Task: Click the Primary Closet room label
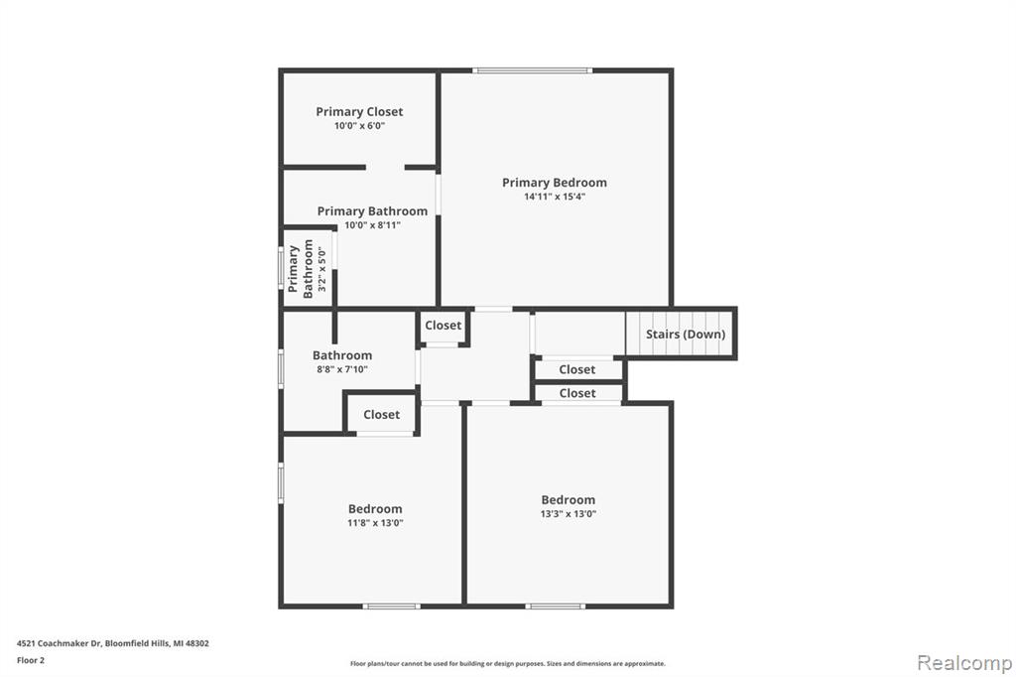[x=359, y=112]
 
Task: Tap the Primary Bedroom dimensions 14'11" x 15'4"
[x=554, y=197]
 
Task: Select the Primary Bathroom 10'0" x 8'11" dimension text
[x=372, y=225]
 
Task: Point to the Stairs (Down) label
[x=685, y=335]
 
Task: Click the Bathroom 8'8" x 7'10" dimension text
[x=341, y=369]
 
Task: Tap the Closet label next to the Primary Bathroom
[x=443, y=326]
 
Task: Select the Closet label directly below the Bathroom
[x=381, y=415]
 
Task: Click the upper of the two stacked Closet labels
[x=576, y=369]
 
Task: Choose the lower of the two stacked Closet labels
[x=576, y=393]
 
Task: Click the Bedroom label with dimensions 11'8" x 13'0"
[x=375, y=509]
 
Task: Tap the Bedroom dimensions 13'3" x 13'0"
[x=568, y=514]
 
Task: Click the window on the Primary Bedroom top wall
[x=532, y=70]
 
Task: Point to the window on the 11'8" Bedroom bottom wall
[x=391, y=606]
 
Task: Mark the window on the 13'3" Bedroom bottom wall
[x=556, y=606]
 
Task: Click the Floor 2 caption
[x=32, y=659]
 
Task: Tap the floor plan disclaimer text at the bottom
[x=507, y=663]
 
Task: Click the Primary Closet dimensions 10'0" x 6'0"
[x=359, y=126]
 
